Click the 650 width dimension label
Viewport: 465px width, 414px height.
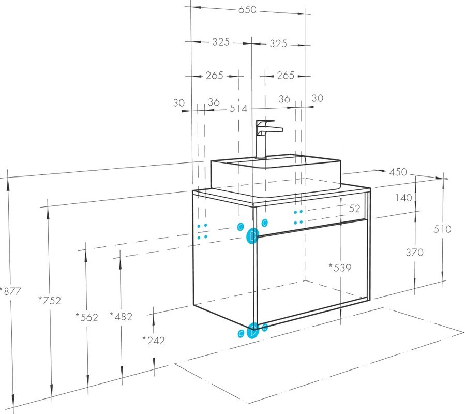click(x=247, y=10)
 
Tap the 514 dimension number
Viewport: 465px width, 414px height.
click(x=238, y=109)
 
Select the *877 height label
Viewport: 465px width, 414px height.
click(x=11, y=291)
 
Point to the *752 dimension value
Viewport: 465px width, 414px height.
click(x=50, y=301)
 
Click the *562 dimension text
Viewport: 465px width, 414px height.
click(x=86, y=318)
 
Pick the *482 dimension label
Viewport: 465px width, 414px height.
click(x=121, y=317)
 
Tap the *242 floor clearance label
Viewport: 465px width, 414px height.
click(x=154, y=341)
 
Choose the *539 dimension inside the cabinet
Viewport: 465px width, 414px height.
click(x=340, y=268)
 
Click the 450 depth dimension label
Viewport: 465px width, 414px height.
click(x=398, y=172)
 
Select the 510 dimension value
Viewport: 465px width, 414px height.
click(x=442, y=229)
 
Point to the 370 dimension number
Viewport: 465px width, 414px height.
click(x=415, y=253)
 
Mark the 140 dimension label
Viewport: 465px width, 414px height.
click(x=404, y=198)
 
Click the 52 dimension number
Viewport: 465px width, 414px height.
click(x=354, y=209)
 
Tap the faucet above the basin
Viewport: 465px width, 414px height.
click(x=265, y=139)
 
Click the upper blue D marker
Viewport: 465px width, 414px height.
click(x=252, y=236)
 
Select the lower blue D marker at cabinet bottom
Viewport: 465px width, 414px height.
click(x=252, y=331)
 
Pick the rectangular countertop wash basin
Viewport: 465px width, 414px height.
click(x=276, y=175)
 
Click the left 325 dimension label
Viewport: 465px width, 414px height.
click(x=221, y=42)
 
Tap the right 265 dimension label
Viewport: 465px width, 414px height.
click(x=286, y=76)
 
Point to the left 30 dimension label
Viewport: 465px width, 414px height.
click(x=179, y=103)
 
